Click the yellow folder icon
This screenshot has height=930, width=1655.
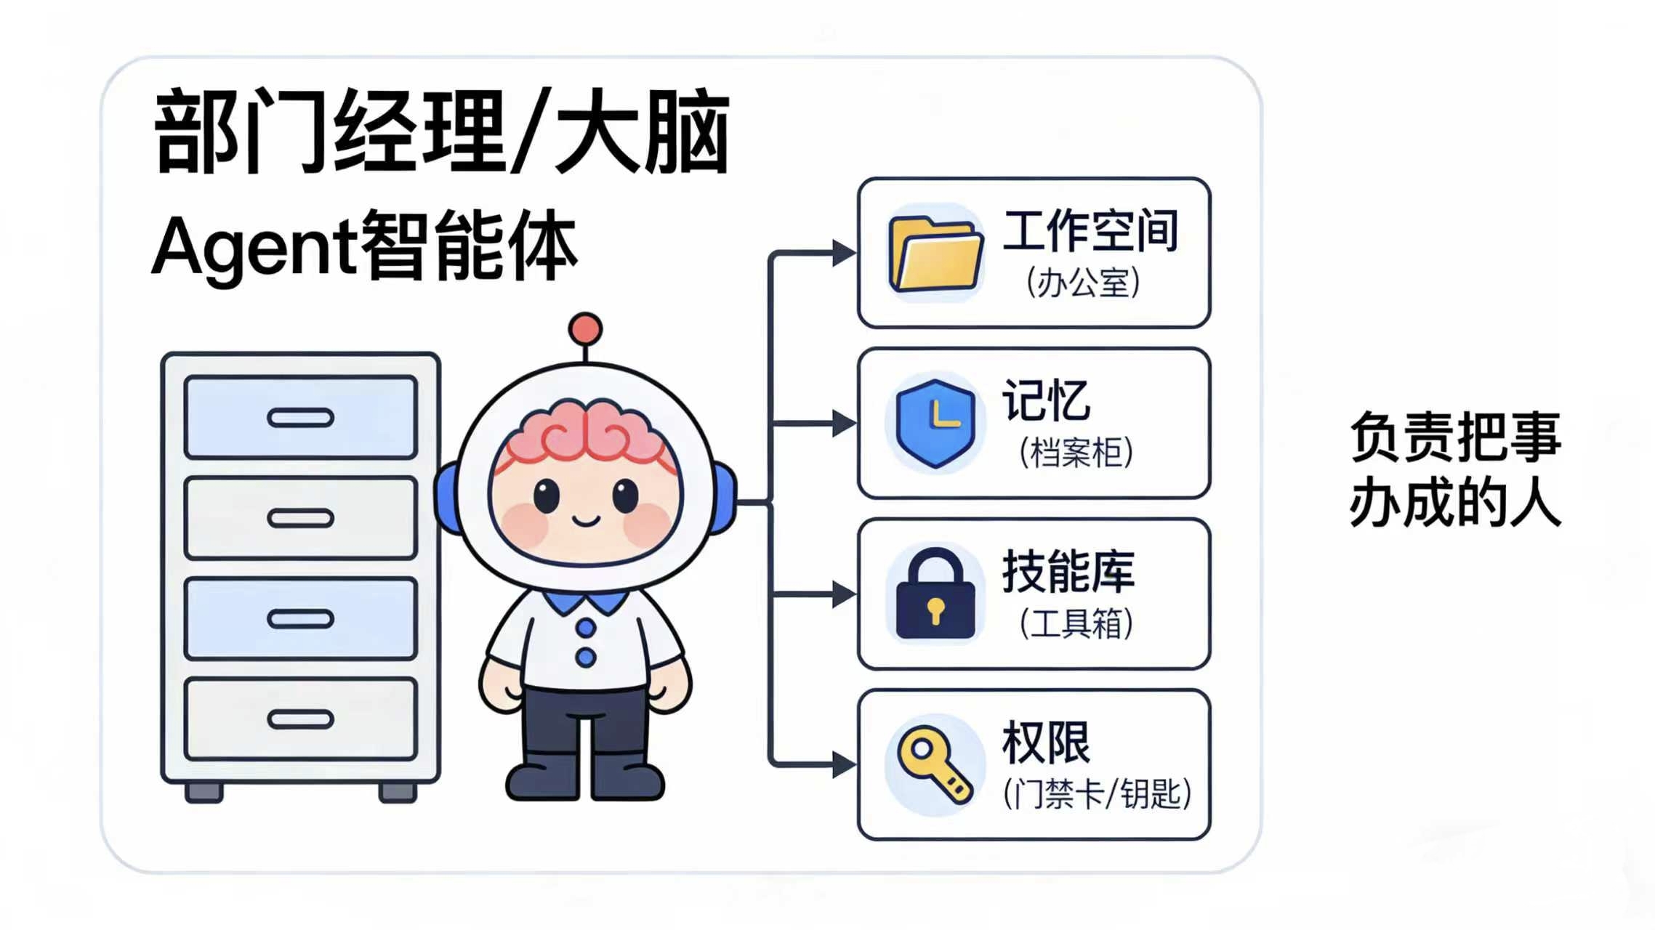click(x=935, y=254)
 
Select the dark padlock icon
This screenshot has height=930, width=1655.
click(x=935, y=594)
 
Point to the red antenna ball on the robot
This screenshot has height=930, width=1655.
click(x=585, y=329)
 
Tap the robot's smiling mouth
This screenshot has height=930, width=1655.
click(x=586, y=520)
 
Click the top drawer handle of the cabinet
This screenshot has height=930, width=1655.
click(x=300, y=418)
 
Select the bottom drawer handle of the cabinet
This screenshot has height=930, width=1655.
click(x=300, y=719)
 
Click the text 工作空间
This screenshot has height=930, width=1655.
click(x=1090, y=231)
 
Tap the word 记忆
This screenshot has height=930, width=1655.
click(x=1046, y=400)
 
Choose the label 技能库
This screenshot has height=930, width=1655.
click(x=1068, y=572)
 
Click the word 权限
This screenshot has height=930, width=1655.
click(x=1046, y=743)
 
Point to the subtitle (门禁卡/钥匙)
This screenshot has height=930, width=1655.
click(x=1097, y=793)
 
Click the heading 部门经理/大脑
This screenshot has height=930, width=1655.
click(x=442, y=132)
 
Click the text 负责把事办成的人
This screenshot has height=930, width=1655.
click(x=1455, y=469)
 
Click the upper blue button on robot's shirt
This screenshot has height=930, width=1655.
click(x=586, y=627)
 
